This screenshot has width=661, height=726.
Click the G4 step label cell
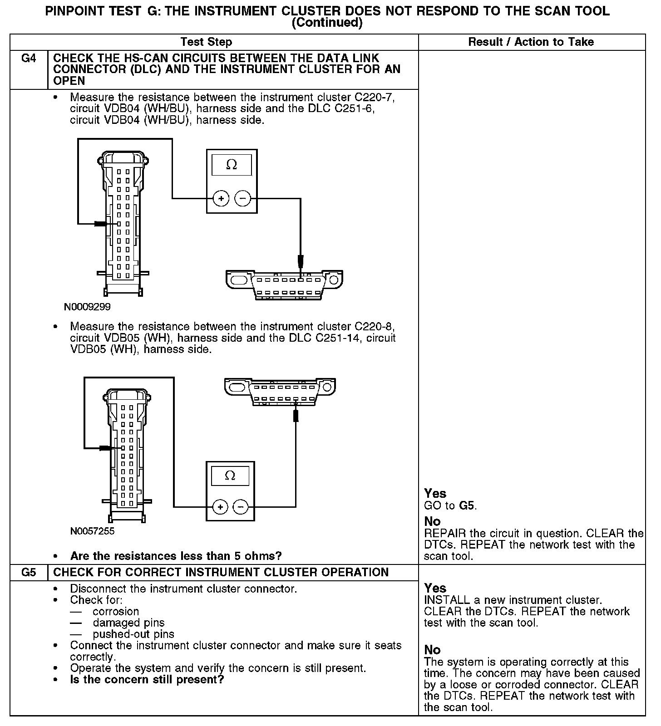[x=29, y=59]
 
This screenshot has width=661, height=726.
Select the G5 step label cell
[x=29, y=572]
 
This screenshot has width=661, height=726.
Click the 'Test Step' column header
[x=206, y=42]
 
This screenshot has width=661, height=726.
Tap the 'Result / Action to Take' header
[x=531, y=42]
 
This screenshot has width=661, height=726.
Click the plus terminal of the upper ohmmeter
[x=221, y=198]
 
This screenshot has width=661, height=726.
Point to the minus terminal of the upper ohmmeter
[x=242, y=198]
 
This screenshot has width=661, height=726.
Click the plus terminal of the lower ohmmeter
[x=220, y=506]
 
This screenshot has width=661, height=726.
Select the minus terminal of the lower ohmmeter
[x=241, y=506]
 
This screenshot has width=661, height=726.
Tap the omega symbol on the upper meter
[x=232, y=165]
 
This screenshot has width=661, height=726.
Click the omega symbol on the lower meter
[x=230, y=476]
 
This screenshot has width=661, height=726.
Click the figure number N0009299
[x=87, y=307]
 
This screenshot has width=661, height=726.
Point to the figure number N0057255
[x=93, y=531]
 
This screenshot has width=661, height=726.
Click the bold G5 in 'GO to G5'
[x=468, y=505]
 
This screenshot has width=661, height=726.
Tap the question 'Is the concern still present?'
[x=147, y=679]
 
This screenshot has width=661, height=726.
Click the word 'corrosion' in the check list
[x=115, y=611]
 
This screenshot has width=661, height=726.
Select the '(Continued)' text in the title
[x=327, y=23]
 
